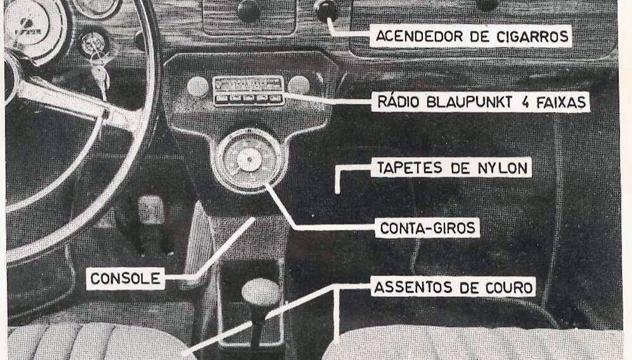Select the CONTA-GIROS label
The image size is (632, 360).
pos(427,227)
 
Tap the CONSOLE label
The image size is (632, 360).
pos(125,279)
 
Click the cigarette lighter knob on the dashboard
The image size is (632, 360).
pos(326,9)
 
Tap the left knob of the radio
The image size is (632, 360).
pos(198,87)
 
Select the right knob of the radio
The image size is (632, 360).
pos(298,85)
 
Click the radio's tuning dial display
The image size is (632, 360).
pos(248,84)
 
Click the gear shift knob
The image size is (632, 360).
pos(260,292)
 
